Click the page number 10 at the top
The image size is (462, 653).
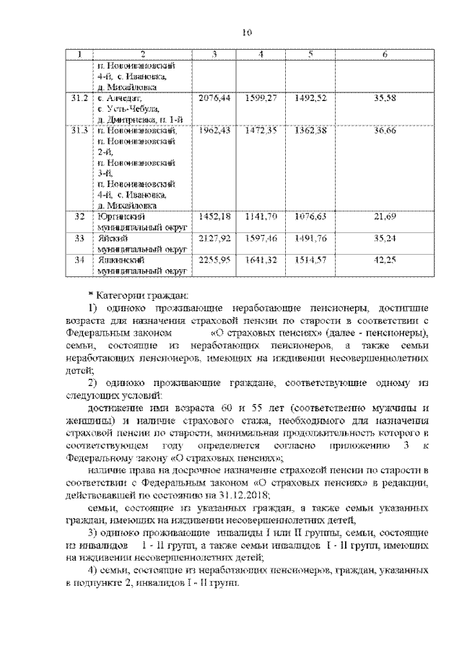click(246, 32)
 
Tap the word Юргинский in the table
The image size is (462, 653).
click(117, 216)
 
